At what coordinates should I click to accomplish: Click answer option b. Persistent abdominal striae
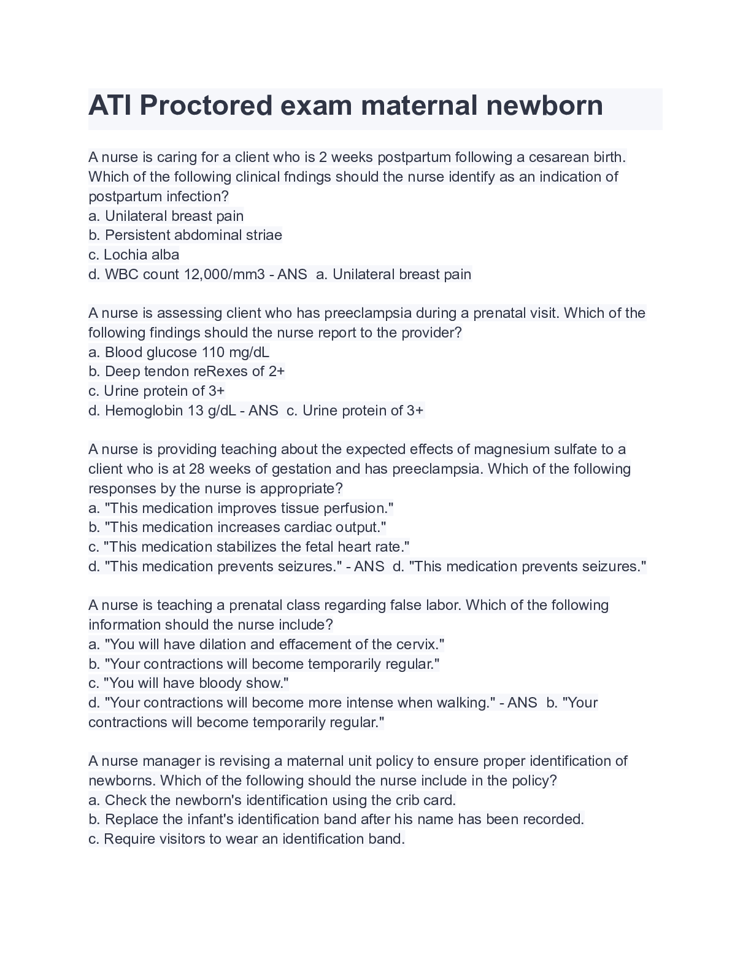point(185,235)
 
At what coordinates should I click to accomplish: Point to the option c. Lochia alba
point(134,255)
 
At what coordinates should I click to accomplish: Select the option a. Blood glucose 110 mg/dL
point(179,352)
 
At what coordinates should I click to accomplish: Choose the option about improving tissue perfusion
point(241,508)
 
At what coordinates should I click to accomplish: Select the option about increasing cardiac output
point(237,527)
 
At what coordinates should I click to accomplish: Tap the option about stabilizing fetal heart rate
point(249,547)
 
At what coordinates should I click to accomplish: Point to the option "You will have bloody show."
point(188,683)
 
